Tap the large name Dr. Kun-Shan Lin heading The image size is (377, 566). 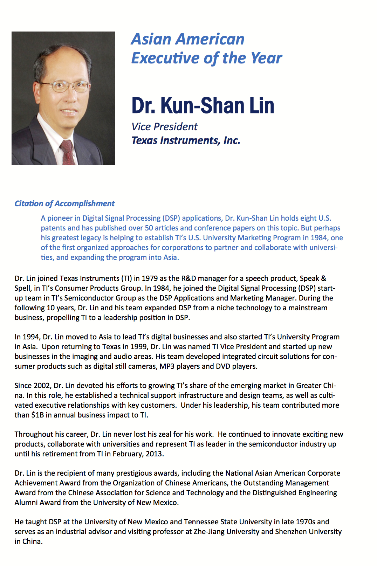coord(203,106)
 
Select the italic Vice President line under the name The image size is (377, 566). coord(164,127)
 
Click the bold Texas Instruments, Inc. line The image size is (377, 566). coord(186,140)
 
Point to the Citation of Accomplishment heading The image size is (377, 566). coord(64,203)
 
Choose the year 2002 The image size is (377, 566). coord(42,386)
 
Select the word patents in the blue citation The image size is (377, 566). coord(53,228)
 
